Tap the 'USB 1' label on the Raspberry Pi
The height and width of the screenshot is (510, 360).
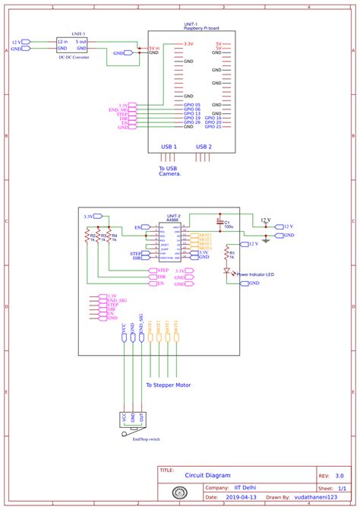(169, 146)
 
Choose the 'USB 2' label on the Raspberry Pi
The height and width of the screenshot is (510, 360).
(204, 146)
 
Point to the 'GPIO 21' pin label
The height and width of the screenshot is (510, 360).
(213, 128)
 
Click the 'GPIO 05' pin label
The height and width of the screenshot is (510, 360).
(191, 105)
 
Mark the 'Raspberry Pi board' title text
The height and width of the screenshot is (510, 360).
(201, 28)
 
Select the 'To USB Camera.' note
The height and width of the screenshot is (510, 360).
(170, 171)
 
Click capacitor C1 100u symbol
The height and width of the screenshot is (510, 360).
(219, 222)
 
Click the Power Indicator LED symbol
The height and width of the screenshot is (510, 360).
(226, 271)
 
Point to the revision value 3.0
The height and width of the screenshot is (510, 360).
(338, 473)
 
